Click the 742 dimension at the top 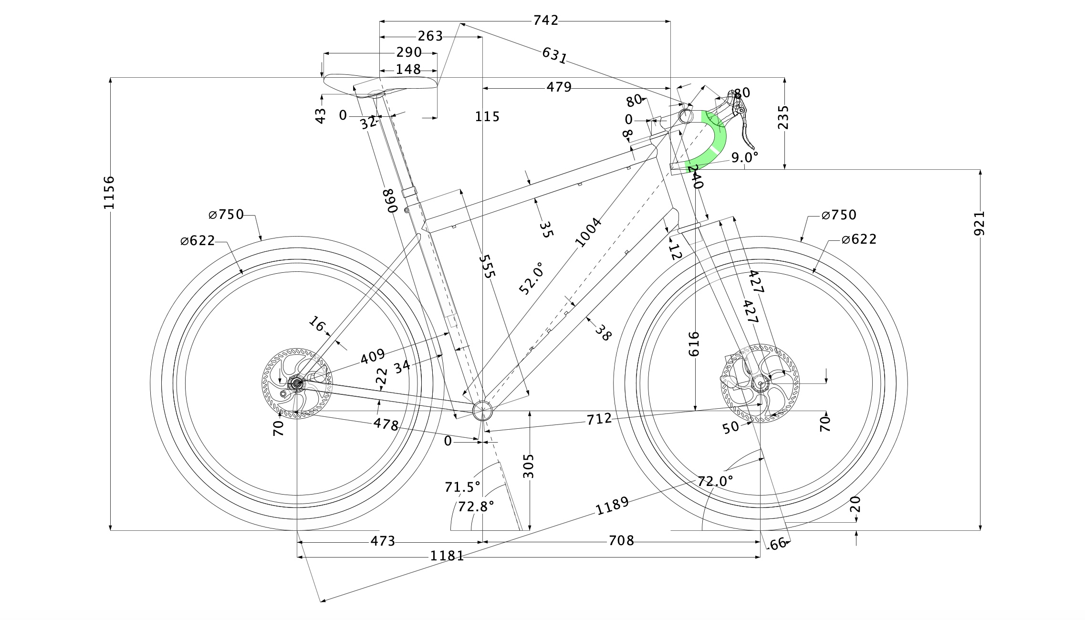[x=545, y=21]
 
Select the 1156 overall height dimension [x=109, y=192]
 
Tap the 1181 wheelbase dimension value [x=447, y=556]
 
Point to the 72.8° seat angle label [x=476, y=506]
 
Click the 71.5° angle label [x=462, y=487]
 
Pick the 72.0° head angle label [x=715, y=481]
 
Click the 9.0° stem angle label [x=745, y=157]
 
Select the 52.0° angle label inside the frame [x=531, y=279]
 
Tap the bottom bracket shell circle [x=482, y=410]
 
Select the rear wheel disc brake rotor [x=296, y=384]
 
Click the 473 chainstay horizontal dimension [x=383, y=541]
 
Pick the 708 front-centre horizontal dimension [x=621, y=541]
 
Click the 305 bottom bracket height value [x=529, y=466]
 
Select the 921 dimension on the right [x=979, y=223]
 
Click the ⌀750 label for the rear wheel [x=227, y=215]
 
